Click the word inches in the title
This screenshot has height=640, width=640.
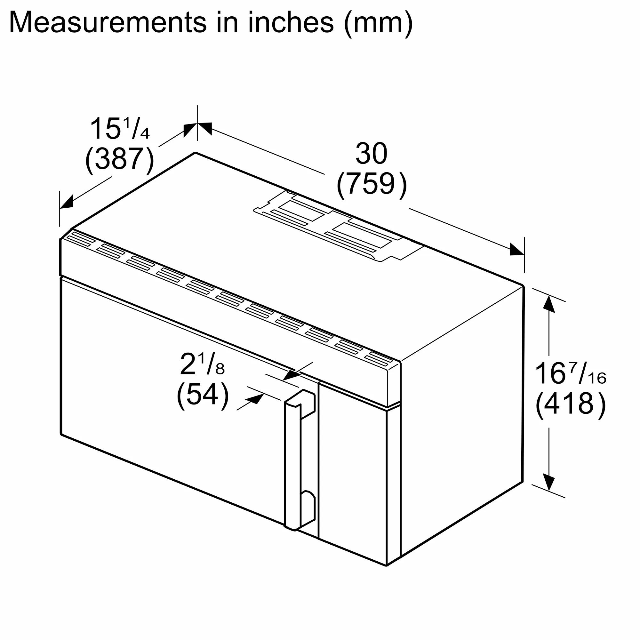[291, 22]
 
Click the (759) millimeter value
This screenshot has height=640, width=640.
[371, 184]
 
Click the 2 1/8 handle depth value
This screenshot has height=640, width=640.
[202, 364]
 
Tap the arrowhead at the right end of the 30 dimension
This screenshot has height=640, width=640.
[517, 250]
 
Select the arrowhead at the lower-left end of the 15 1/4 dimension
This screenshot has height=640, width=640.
[67, 202]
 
